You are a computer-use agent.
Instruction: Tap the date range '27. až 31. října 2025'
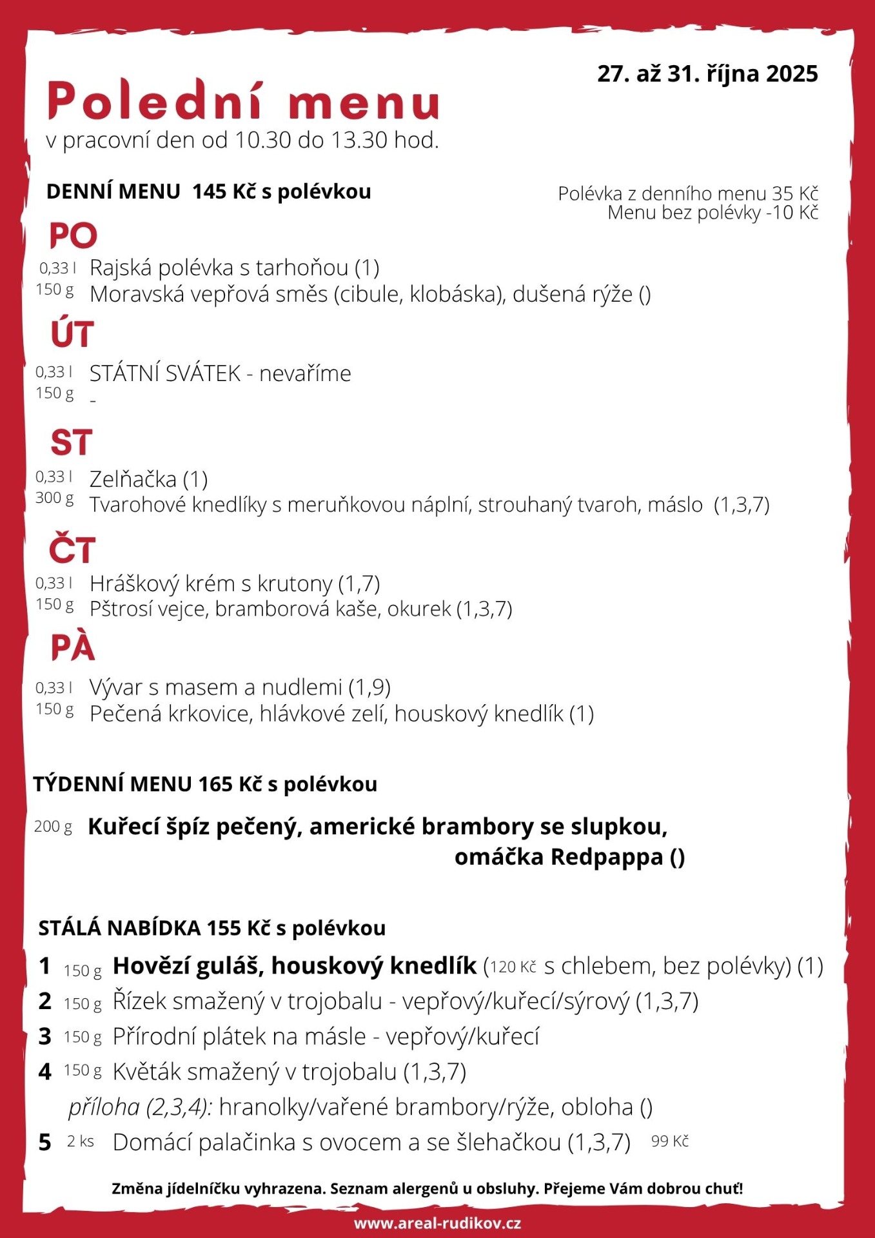tap(707, 74)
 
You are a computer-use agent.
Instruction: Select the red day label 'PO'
tap(74, 236)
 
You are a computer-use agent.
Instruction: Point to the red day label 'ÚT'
tap(72, 334)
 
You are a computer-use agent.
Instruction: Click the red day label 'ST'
tap(72, 443)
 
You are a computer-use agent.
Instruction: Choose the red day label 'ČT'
tap(72, 549)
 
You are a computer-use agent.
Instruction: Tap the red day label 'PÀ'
tap(73, 648)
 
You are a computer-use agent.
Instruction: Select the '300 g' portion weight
tap(55, 498)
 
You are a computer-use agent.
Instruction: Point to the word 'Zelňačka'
tap(133, 480)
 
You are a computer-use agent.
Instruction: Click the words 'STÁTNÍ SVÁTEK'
tap(165, 373)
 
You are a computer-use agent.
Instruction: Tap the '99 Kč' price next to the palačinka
tap(670, 1141)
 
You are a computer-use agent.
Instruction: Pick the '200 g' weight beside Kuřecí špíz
tap(53, 827)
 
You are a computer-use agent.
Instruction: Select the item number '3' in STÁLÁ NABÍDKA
tap(44, 1036)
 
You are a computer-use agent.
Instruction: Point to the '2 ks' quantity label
tap(81, 1142)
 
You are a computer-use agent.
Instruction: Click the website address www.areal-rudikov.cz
tap(437, 1223)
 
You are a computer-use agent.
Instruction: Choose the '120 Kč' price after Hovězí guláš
tap(513, 967)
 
